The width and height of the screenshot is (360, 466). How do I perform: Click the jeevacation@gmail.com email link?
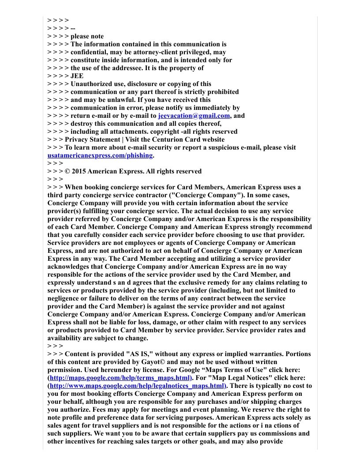194,116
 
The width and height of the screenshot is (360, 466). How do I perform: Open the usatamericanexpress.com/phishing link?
100,155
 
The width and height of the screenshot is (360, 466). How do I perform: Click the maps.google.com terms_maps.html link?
120,378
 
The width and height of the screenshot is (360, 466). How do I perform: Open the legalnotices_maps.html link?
137,386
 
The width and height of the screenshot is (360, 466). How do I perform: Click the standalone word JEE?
77,76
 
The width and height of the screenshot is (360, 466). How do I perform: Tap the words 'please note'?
87,36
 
